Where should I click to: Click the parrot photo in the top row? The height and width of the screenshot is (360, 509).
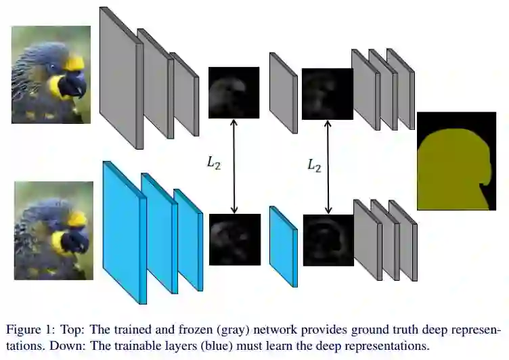click(51, 74)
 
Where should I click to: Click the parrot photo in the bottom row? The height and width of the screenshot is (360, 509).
click(53, 230)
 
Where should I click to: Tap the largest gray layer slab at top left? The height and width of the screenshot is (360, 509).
click(119, 78)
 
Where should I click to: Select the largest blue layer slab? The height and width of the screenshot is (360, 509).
click(122, 233)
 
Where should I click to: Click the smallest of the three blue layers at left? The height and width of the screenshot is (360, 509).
click(187, 240)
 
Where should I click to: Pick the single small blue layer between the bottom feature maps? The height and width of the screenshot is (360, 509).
click(283, 245)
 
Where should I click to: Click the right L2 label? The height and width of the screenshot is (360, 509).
click(314, 165)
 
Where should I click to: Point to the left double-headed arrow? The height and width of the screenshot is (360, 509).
click(234, 166)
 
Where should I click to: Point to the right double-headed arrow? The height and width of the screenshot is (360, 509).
click(329, 166)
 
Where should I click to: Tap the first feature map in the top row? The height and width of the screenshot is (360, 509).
click(234, 93)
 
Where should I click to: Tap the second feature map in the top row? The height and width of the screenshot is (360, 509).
click(328, 93)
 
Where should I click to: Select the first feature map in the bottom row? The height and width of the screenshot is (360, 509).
click(235, 240)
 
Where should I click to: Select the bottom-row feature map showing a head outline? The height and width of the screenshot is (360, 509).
click(328, 240)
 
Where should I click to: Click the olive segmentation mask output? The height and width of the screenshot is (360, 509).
click(456, 161)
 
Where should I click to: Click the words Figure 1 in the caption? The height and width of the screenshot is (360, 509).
click(28, 330)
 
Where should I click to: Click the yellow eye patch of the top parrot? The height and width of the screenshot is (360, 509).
click(74, 63)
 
